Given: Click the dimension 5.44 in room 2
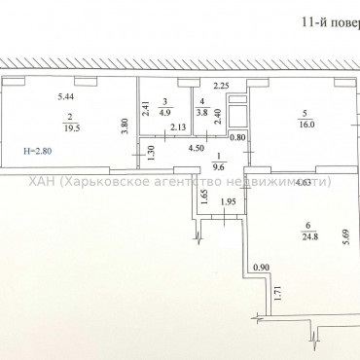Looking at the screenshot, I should pos(66,96).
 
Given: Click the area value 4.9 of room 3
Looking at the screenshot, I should pos(165,111).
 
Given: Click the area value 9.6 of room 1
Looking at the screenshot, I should pos(219,165).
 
